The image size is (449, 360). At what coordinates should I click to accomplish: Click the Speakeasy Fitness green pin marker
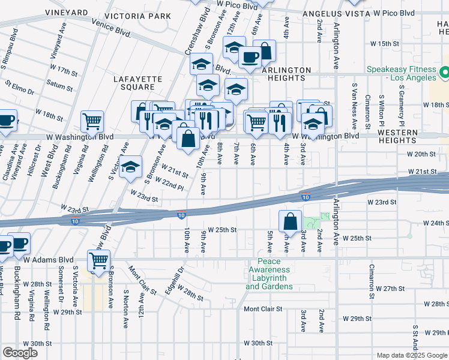(445, 73)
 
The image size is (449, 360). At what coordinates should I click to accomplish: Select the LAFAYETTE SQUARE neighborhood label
(139, 83)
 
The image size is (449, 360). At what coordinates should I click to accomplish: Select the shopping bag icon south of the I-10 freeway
(290, 221)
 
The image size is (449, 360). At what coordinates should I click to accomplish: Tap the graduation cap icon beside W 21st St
(130, 168)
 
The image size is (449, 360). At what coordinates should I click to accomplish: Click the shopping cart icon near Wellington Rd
(92, 122)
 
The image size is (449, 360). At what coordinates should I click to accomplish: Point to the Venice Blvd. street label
(112, 28)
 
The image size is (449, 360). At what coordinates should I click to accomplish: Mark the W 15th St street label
(385, 44)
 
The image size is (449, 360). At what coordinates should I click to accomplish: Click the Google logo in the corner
(20, 353)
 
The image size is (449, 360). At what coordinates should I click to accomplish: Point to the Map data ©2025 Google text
(411, 355)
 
